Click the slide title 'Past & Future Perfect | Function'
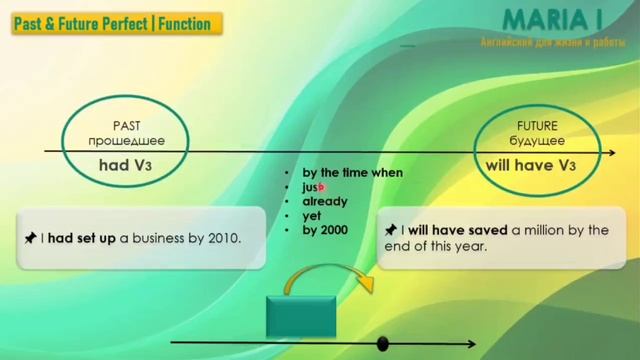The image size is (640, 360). [x=112, y=24]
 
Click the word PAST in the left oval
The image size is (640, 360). [x=126, y=126]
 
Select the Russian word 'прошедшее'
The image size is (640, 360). [x=126, y=141]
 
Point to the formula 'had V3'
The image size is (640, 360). [x=126, y=164]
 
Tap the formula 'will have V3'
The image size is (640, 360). [x=531, y=164]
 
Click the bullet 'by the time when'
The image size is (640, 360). [x=352, y=172]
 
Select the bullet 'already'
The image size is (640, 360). [x=325, y=201]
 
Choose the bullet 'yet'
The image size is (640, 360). [x=311, y=215]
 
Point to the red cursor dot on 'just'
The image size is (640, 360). [x=322, y=186]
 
